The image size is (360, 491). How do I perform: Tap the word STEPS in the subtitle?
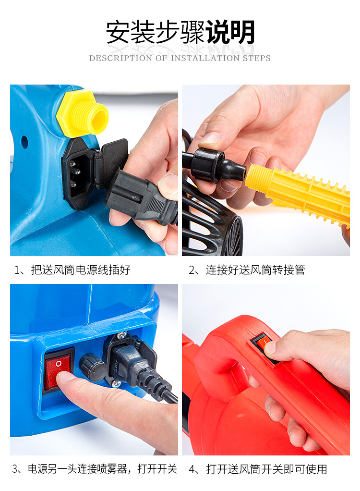(x=258, y=58)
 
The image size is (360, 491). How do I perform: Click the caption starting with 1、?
(x=72, y=270)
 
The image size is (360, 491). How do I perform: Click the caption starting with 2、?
(x=247, y=270)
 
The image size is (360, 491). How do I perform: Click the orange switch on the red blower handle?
(x=262, y=344)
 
